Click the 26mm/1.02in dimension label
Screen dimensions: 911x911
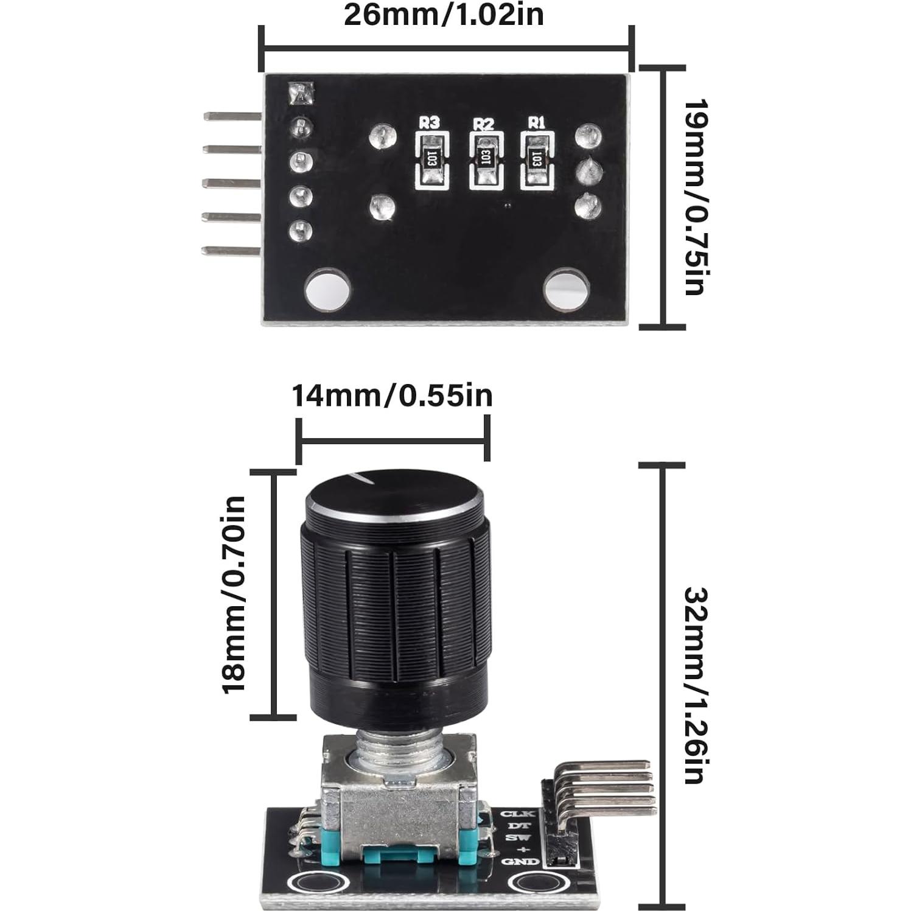(x=444, y=14)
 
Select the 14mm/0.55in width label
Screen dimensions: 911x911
(x=392, y=396)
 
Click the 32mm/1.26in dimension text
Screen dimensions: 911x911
(x=694, y=685)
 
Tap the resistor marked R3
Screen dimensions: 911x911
(x=432, y=159)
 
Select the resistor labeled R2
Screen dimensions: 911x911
(x=485, y=159)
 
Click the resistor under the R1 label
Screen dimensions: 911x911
(x=536, y=159)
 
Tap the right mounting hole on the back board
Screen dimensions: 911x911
(x=565, y=288)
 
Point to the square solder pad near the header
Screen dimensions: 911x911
(x=301, y=93)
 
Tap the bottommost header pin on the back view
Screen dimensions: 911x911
(x=232, y=250)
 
